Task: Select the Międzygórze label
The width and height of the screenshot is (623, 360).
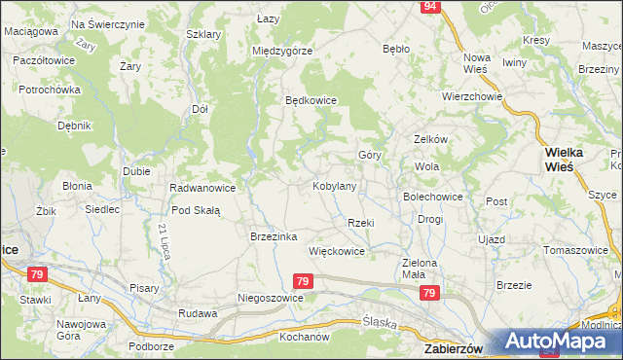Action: pos(281,51)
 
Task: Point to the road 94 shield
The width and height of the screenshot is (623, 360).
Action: pos(430,7)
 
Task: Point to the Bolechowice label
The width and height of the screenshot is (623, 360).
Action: pos(433,197)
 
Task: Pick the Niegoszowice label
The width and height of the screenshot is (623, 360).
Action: pos(272,298)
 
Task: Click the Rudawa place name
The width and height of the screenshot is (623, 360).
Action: pos(196,313)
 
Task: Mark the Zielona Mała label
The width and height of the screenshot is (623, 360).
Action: pos(421,269)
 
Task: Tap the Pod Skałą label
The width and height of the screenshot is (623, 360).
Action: pos(196,210)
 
